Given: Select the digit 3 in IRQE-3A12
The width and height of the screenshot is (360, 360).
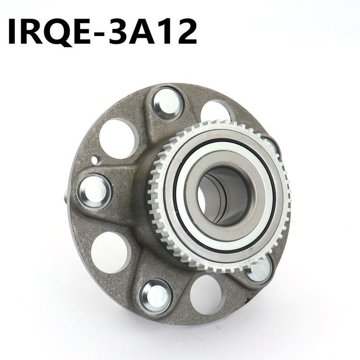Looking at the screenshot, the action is [x=120, y=32].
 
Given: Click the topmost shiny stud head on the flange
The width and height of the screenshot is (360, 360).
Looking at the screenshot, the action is [x=167, y=104].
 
